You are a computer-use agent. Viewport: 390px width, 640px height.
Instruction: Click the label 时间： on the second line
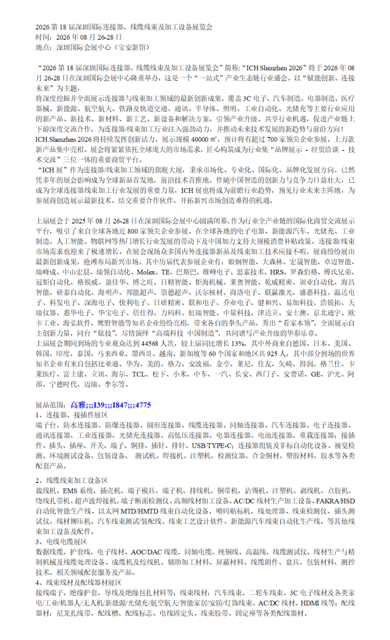point(47,37)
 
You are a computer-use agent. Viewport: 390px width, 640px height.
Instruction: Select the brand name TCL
point(140,375)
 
